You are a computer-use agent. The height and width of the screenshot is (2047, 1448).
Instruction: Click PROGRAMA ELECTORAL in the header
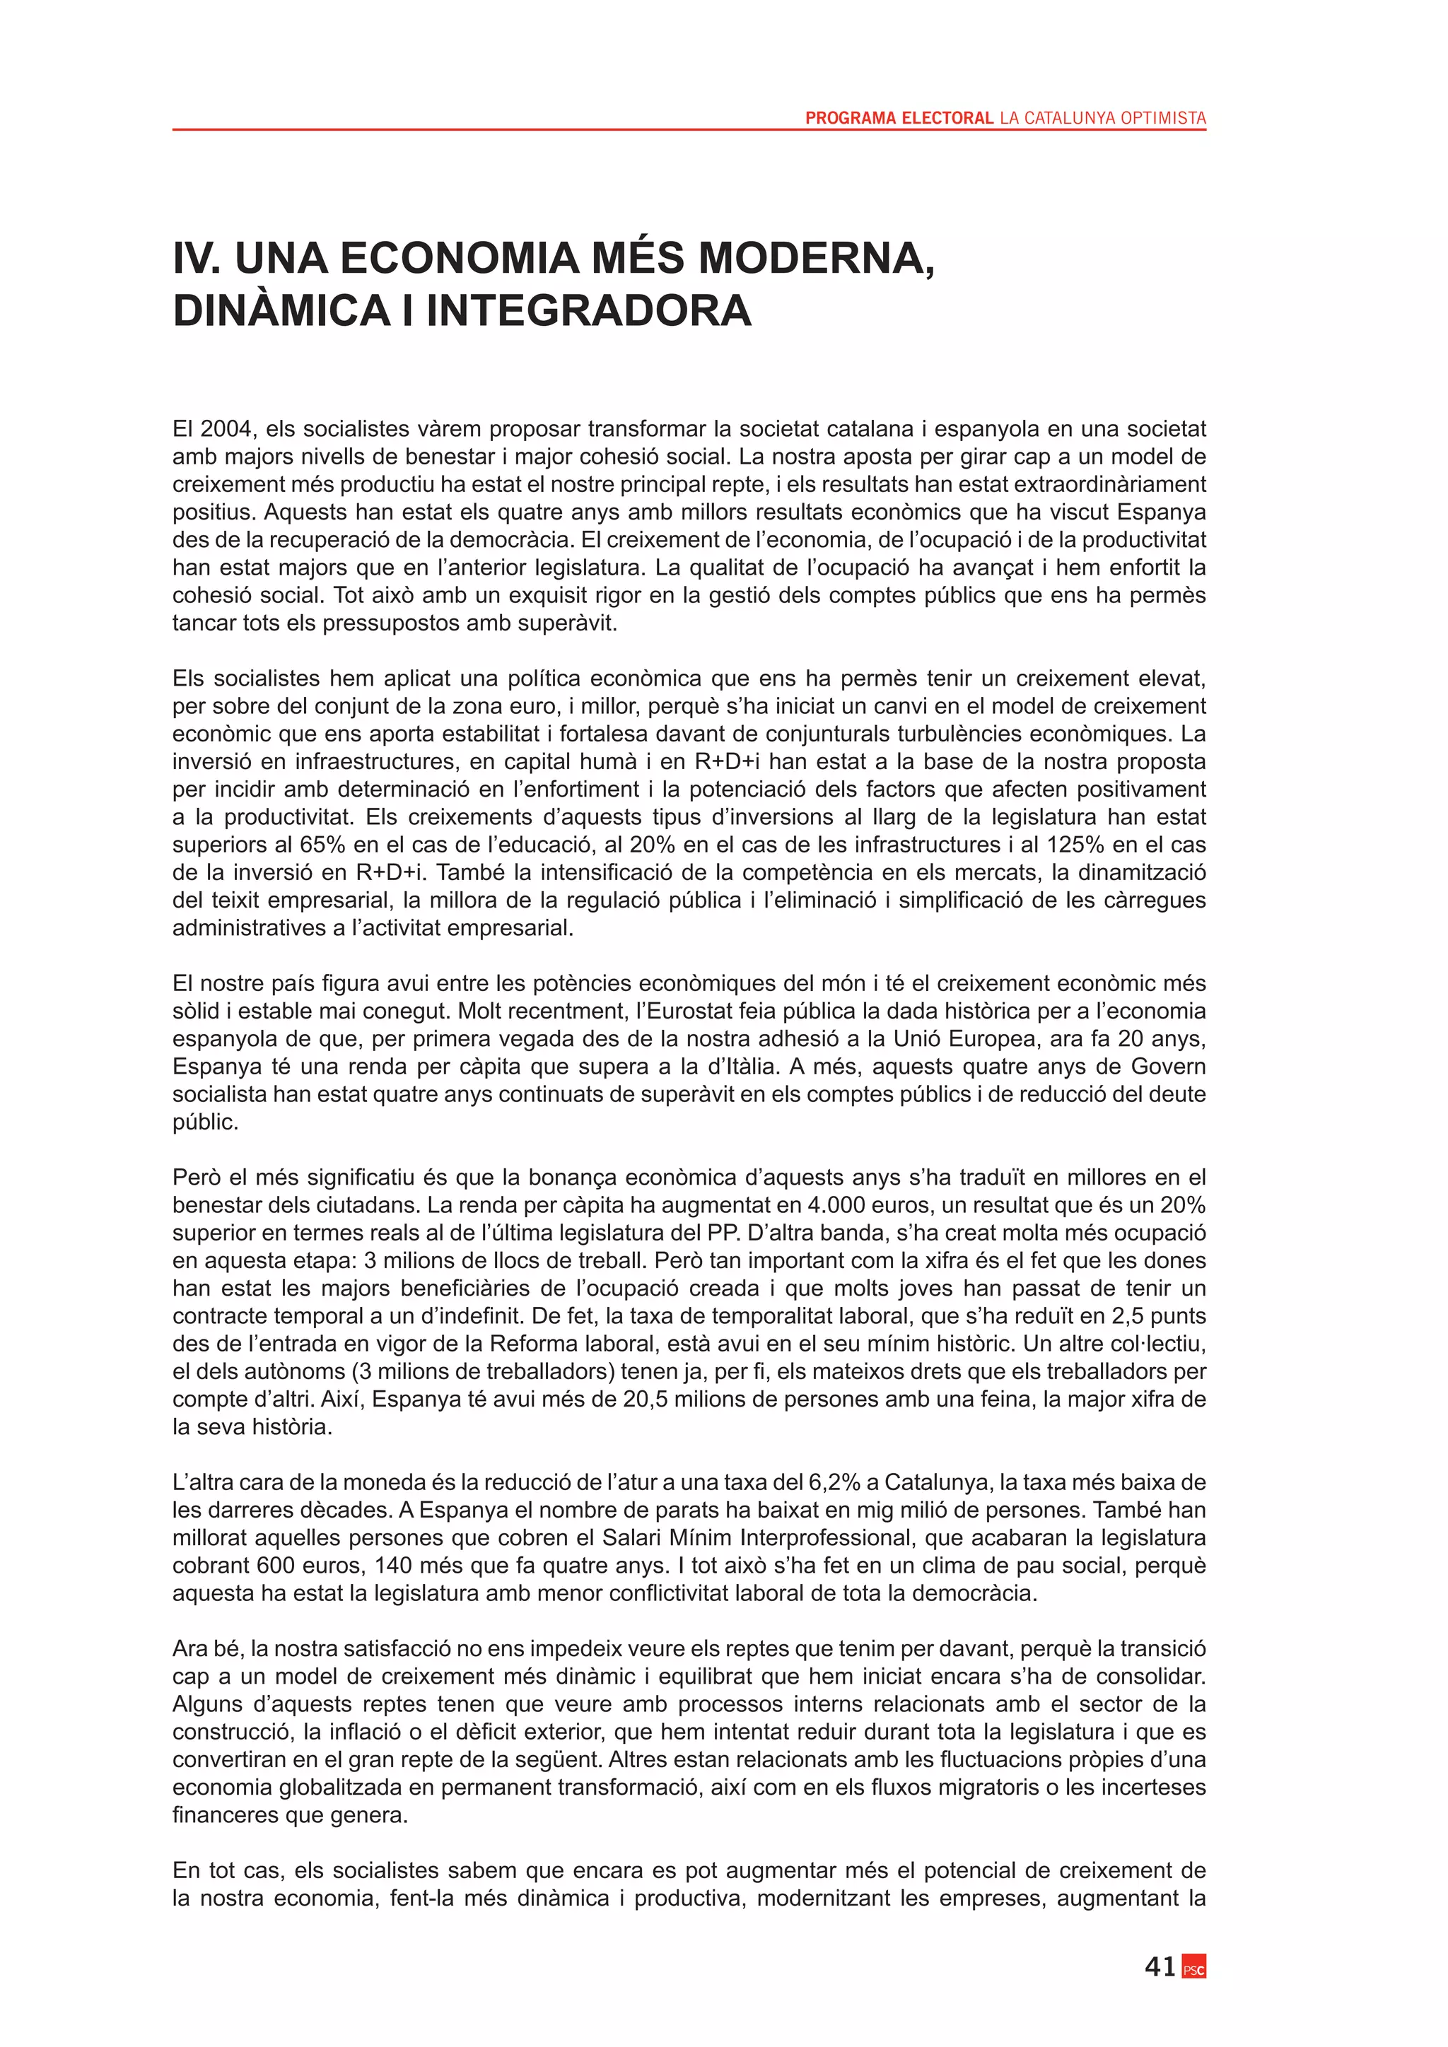[899, 117]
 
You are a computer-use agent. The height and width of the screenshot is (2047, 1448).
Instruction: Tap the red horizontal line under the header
[689, 130]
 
